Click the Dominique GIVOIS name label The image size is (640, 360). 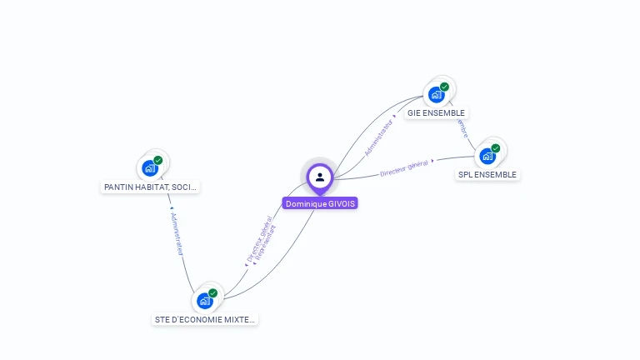(319, 203)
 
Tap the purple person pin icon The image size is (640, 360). (320, 177)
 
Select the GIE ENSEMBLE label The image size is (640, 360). (436, 112)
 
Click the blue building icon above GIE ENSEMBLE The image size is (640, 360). (436, 94)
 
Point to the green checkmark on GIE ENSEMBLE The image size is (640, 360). (444, 87)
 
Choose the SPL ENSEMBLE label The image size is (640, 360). (487, 175)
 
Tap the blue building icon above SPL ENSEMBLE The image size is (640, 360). (487, 156)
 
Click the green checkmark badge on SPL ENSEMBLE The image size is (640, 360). (496, 148)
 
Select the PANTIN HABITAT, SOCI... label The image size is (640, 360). (150, 187)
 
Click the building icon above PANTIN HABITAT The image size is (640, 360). (150, 168)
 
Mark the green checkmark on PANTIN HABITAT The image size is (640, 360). (158, 160)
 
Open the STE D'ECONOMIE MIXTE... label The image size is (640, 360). (205, 319)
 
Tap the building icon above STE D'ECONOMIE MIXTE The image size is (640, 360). (205, 301)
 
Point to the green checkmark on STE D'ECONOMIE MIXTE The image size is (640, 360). (213, 293)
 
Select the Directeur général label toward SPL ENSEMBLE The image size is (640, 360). (404, 167)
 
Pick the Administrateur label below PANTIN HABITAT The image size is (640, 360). (177, 232)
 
